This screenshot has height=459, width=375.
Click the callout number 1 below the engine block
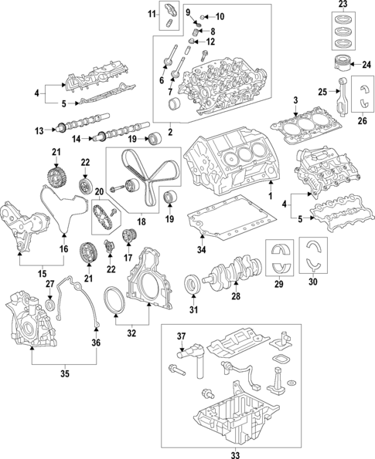pos(271,197)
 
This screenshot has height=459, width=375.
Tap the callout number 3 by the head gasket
pos(296,100)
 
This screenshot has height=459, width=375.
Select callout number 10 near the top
pos(220,16)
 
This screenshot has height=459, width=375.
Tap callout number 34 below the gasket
pos(202,249)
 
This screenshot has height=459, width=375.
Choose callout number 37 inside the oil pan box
pos(183,336)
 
